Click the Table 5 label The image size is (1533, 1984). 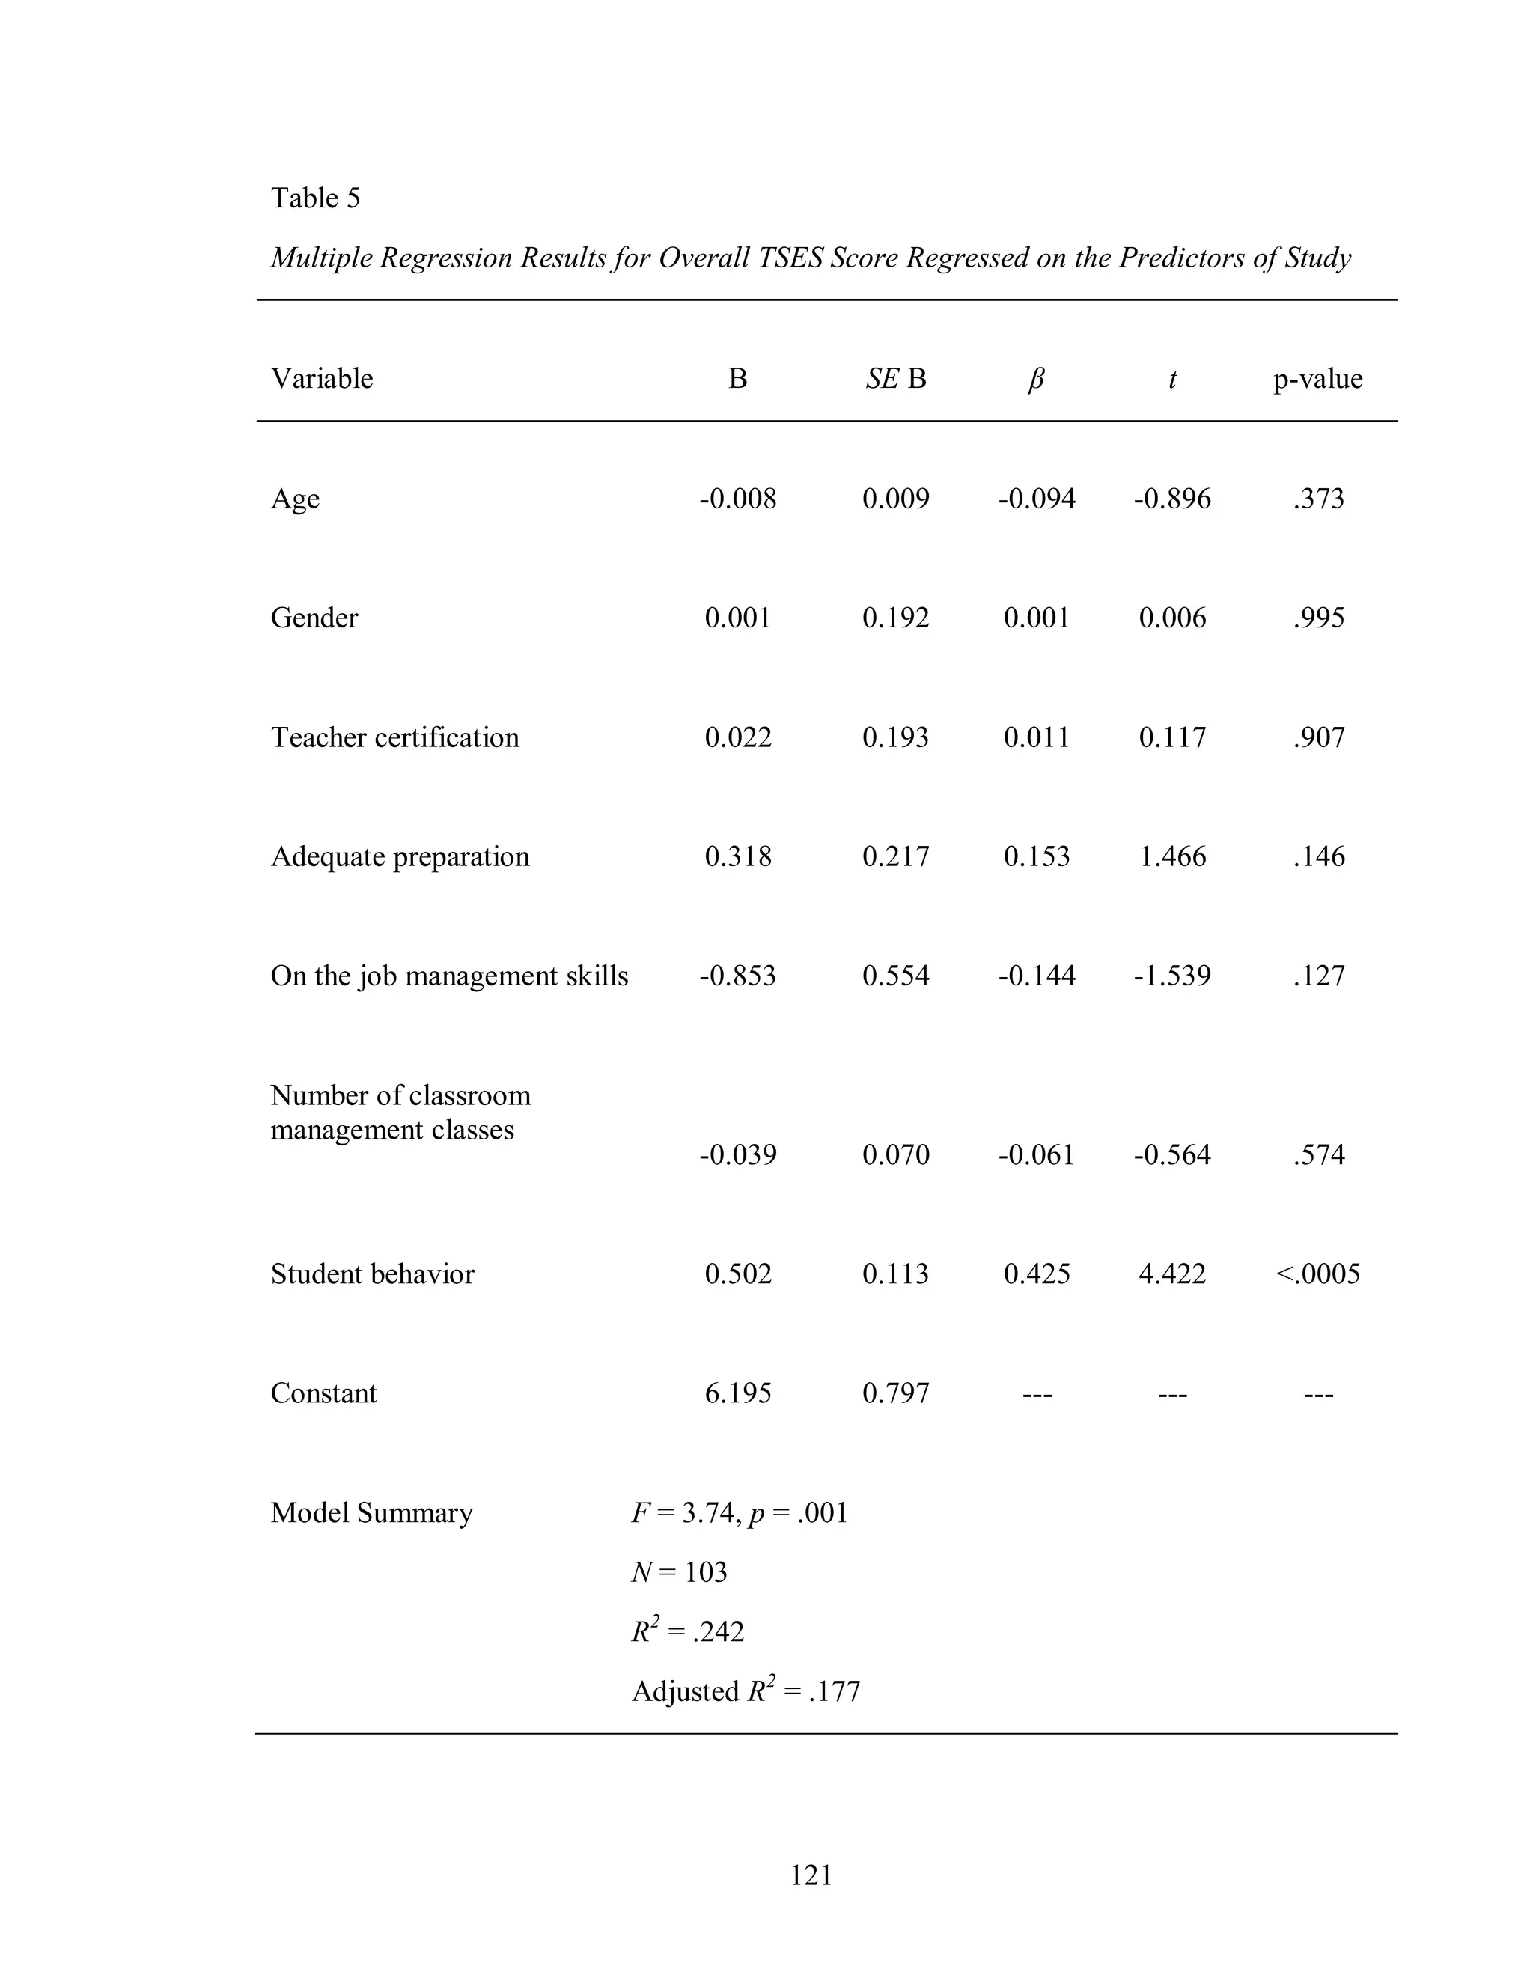(x=315, y=198)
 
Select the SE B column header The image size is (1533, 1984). (x=895, y=379)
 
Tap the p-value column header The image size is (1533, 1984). (x=1317, y=379)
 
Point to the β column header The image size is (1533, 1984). (x=1035, y=379)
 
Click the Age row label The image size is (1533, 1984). (x=295, y=499)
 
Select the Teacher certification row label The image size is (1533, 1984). (x=394, y=737)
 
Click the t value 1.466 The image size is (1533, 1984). (x=1172, y=856)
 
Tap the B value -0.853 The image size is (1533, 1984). (x=737, y=976)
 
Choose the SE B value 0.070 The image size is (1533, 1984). (x=895, y=1154)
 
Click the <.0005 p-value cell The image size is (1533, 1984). (x=1317, y=1274)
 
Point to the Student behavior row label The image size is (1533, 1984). (x=372, y=1274)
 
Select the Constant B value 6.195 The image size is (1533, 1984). (x=737, y=1393)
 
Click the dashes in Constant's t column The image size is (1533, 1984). (x=1172, y=1393)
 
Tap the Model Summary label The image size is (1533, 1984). (x=371, y=1512)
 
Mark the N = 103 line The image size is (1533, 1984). (x=680, y=1572)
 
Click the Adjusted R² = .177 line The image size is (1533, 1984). (x=746, y=1691)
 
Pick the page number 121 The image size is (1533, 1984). (x=811, y=1875)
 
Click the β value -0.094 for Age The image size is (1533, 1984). (x=1036, y=499)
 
